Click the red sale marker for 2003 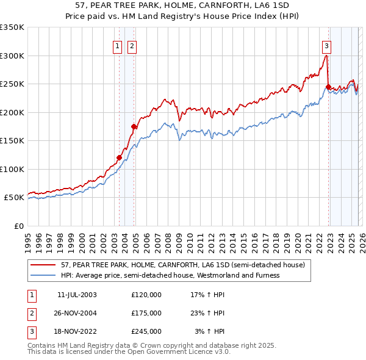click(119, 157)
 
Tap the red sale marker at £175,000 click(134, 126)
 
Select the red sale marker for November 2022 click(328, 87)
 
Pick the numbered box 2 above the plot click(132, 45)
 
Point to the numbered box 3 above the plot click(326, 45)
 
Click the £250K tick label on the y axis click(12, 84)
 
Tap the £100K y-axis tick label click(12, 169)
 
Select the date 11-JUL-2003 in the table click(77, 294)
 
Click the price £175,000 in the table click(146, 313)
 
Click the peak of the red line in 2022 click(326, 56)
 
